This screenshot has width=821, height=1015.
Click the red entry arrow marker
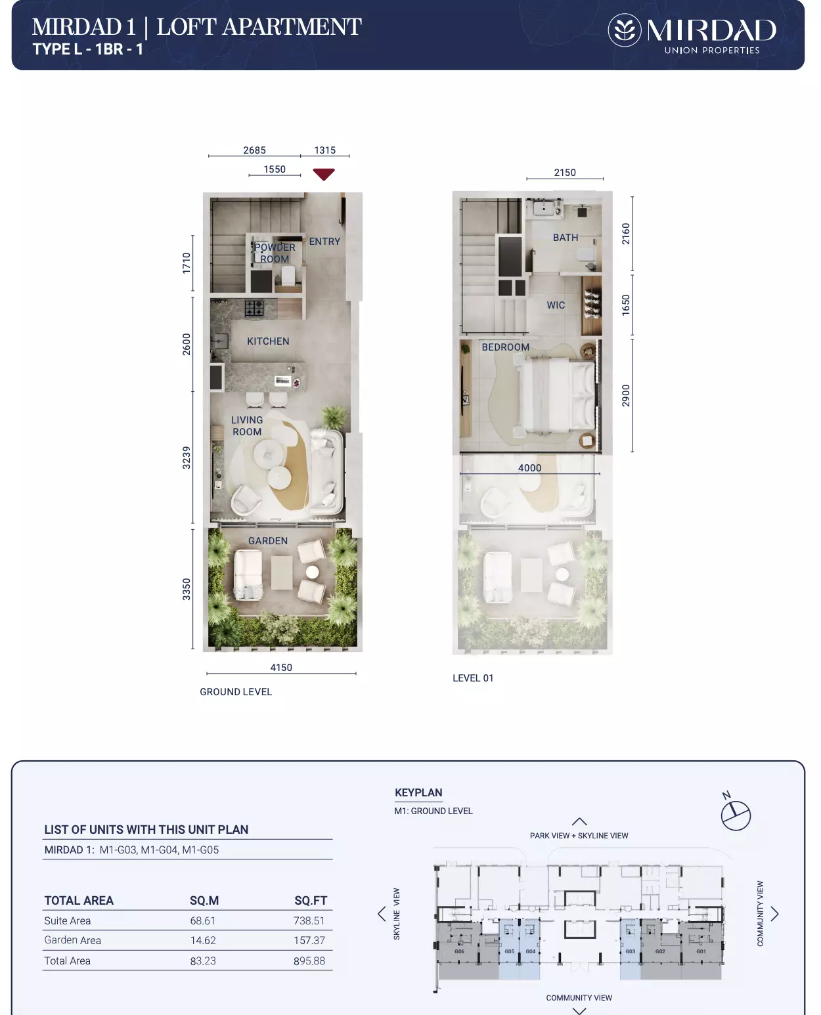(324, 174)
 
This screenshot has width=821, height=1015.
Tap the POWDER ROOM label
(275, 253)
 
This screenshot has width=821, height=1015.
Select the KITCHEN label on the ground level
(268, 341)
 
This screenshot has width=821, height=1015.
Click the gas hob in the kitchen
(254, 309)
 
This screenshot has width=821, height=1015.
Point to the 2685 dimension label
(255, 150)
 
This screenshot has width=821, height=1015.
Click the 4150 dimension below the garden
(281, 668)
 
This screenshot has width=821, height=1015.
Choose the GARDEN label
(268, 541)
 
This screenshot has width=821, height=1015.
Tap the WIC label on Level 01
(556, 305)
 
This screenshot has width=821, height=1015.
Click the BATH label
(566, 237)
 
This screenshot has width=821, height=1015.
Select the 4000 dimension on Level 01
(529, 468)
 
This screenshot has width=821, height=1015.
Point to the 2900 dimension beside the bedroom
(625, 395)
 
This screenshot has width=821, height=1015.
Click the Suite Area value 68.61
(203, 920)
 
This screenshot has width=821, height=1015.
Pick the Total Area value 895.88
(309, 961)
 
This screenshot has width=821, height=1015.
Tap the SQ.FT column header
(311, 901)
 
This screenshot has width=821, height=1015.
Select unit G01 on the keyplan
(701, 951)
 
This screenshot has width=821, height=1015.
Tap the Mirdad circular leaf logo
(625, 30)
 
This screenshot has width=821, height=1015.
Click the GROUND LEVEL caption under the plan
(236, 692)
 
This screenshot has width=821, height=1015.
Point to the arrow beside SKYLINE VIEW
(382, 914)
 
